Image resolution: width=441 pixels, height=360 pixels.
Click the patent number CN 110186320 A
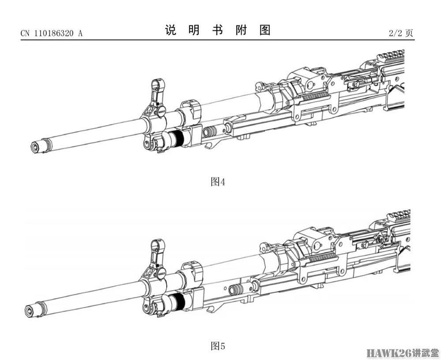pyautogui.click(x=52, y=33)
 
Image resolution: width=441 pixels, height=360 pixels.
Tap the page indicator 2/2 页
pyautogui.click(x=401, y=33)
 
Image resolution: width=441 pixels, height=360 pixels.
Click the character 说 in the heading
pyautogui.click(x=171, y=30)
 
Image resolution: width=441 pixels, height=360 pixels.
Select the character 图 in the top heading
pyautogui.click(x=265, y=30)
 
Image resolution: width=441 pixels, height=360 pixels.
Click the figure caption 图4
pyautogui.click(x=218, y=182)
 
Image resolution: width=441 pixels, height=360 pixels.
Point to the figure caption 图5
pyautogui.click(x=218, y=346)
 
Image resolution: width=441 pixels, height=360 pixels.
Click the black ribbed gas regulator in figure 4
pyautogui.click(x=177, y=138)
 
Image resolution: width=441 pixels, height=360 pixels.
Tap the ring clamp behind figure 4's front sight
pyautogui.click(x=191, y=111)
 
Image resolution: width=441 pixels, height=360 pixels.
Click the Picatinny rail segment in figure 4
pyautogui.click(x=392, y=56)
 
